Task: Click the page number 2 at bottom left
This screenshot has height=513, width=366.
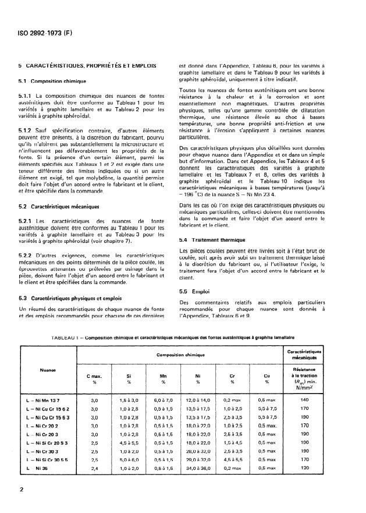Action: coord(21,489)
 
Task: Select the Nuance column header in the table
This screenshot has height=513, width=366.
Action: coord(48,368)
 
